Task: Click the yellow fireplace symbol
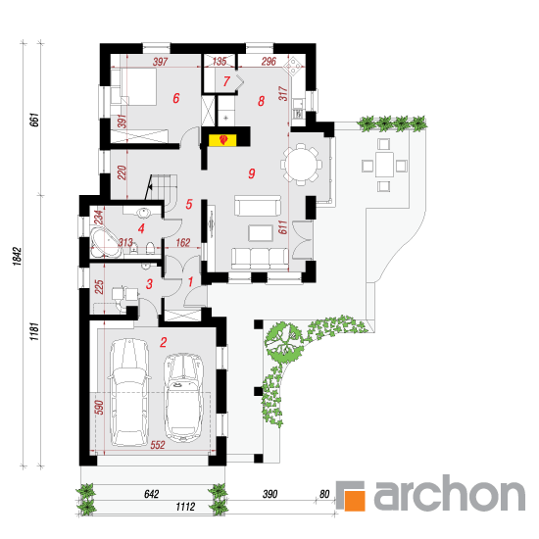[x=222, y=140]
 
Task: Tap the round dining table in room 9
[x=302, y=165]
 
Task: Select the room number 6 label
[x=176, y=98]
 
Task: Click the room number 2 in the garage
[x=164, y=342]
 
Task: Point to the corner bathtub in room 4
[x=105, y=244]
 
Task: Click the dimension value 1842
[x=17, y=256]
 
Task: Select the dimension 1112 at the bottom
[x=185, y=507]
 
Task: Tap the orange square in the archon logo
[x=354, y=499]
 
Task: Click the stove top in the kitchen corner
[x=294, y=66]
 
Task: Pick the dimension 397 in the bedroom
[x=160, y=62]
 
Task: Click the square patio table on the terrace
[x=384, y=165]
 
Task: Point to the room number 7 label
[x=226, y=81]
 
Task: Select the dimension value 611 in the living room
[x=282, y=227]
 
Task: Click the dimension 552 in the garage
[x=158, y=445]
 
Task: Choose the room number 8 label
[x=262, y=101]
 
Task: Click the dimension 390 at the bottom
[x=269, y=494]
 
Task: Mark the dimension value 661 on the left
[x=34, y=120]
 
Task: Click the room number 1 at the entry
[x=190, y=282]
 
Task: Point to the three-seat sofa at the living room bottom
[x=260, y=259]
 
